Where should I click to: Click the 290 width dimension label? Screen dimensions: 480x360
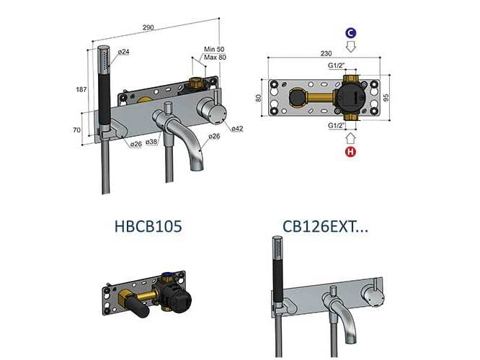tap(148, 27)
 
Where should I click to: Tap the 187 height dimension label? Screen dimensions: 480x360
tap(81, 89)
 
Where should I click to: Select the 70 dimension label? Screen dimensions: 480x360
tap(77, 130)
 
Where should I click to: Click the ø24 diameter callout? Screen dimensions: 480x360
tap(123, 52)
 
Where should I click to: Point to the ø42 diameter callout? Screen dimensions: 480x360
tap(237, 129)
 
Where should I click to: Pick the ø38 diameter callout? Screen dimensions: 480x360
tap(152, 142)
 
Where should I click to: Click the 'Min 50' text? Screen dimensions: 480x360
tap(214, 49)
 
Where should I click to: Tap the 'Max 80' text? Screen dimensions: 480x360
tap(215, 57)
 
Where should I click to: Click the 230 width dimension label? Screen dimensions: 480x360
tap(326, 53)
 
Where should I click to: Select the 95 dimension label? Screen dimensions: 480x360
tap(386, 98)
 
